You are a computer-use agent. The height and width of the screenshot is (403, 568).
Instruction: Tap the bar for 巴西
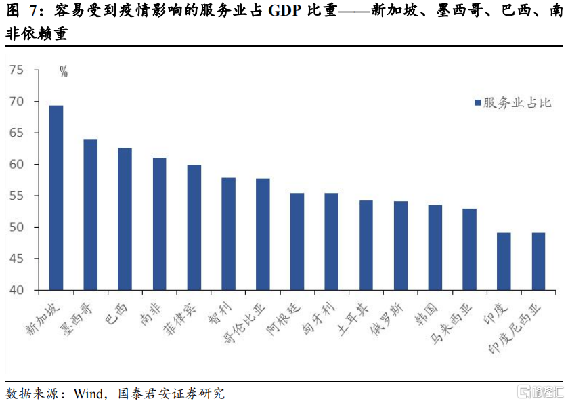pos(125,219)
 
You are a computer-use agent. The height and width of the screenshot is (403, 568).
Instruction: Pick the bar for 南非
pos(159,224)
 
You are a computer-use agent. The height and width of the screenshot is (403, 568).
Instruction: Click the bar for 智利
pos(228,234)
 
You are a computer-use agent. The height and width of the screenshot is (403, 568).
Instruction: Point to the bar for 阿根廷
pos(297,242)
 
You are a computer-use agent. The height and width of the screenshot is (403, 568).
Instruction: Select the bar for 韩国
pos(435,247)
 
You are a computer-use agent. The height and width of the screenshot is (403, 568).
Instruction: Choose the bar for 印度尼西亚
pos(538,261)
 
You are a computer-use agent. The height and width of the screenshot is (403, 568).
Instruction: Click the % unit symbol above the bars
pos(64,72)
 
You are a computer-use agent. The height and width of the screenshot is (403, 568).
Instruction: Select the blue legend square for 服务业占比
pos(477,103)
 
